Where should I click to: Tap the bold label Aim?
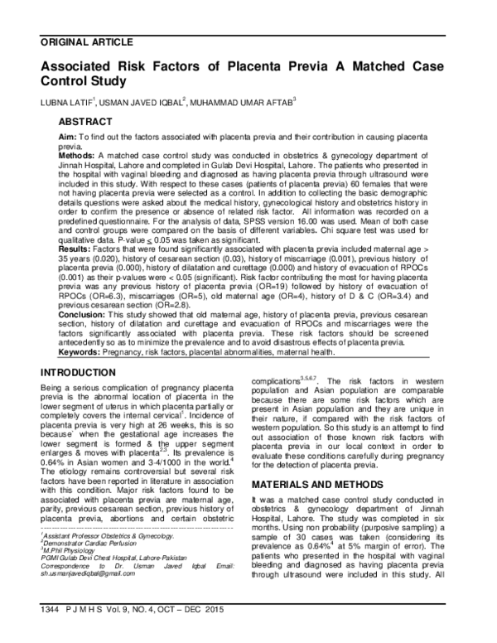[x=69, y=135]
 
